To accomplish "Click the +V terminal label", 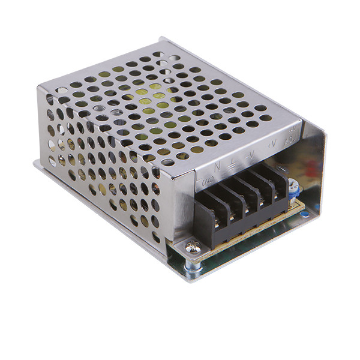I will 271,144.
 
